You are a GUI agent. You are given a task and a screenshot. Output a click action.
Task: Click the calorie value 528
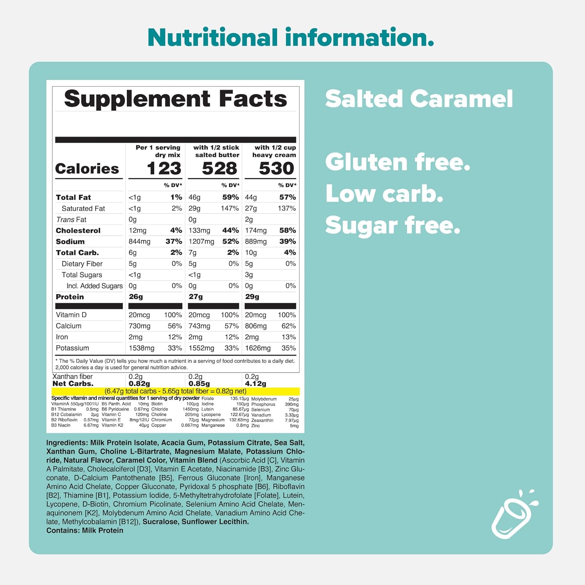pyautogui.click(x=219, y=168)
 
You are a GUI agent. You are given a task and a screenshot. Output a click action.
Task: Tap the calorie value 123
pyautogui.click(x=164, y=168)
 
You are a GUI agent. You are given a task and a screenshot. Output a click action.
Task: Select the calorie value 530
pyautogui.click(x=276, y=168)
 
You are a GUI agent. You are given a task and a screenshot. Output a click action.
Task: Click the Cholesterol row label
pyautogui.click(x=78, y=230)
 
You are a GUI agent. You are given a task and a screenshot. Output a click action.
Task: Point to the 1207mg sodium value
pyautogui.click(x=201, y=241)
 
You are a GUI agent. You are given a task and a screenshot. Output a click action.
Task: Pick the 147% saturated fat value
pyautogui.click(x=229, y=208)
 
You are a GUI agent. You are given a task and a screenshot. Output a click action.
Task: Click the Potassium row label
pyautogui.click(x=72, y=348)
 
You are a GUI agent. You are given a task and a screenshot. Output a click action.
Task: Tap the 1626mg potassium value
pyautogui.click(x=257, y=348)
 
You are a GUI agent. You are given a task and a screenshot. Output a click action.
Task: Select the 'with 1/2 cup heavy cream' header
pyautogui.click(x=274, y=151)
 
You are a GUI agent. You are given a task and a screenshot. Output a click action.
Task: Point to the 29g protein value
pyautogui.click(x=252, y=297)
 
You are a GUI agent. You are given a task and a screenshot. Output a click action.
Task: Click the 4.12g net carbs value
pyautogui.click(x=255, y=384)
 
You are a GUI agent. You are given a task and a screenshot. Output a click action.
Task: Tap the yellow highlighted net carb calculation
pyautogui.click(x=175, y=391)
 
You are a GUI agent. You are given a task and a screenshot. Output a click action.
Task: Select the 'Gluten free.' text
pyautogui.click(x=398, y=162)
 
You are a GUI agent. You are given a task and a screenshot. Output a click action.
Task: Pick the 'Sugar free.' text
pyautogui.click(x=393, y=225)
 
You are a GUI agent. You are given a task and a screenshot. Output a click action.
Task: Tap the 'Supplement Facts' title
pyautogui.click(x=175, y=99)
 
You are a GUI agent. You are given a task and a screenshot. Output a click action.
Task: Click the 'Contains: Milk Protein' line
pyautogui.click(x=85, y=530)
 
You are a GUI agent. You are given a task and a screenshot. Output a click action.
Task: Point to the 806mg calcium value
pyautogui.click(x=256, y=326)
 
